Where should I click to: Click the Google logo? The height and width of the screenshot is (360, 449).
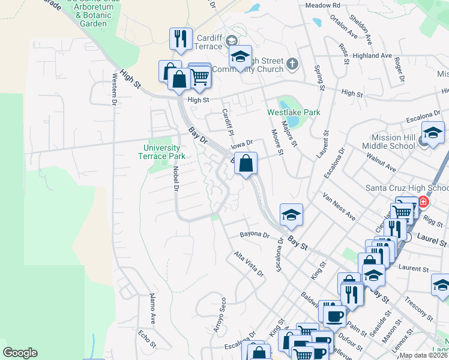(20, 353)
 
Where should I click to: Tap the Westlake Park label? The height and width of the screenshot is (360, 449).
(294, 112)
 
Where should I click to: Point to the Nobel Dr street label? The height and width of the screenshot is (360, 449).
(176, 179)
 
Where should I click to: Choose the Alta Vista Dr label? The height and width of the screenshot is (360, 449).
(249, 264)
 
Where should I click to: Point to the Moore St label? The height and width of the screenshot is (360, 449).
(276, 142)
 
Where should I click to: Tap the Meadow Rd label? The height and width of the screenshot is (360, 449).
(322, 5)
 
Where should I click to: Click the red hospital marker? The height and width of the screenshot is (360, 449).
(424, 202)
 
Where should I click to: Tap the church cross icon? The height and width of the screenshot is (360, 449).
(292, 63)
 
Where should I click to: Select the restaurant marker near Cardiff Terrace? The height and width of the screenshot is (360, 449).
(180, 39)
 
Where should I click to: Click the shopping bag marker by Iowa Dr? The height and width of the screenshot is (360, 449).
(246, 163)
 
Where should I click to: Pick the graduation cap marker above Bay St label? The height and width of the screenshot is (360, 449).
(291, 215)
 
